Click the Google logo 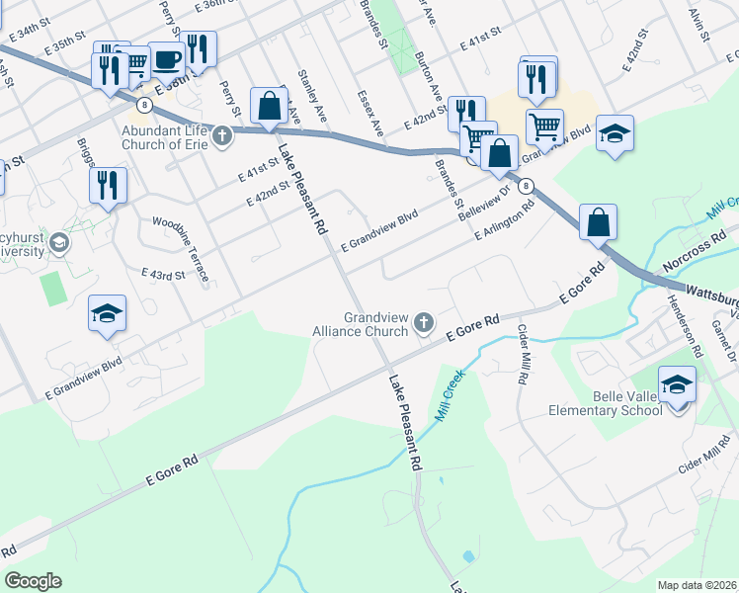[33, 581]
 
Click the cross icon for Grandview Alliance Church [424, 321]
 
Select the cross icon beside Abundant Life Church [222, 135]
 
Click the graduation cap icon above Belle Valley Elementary [677, 384]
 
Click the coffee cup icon [167, 59]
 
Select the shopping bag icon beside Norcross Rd [598, 222]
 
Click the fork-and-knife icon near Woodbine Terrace [108, 186]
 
